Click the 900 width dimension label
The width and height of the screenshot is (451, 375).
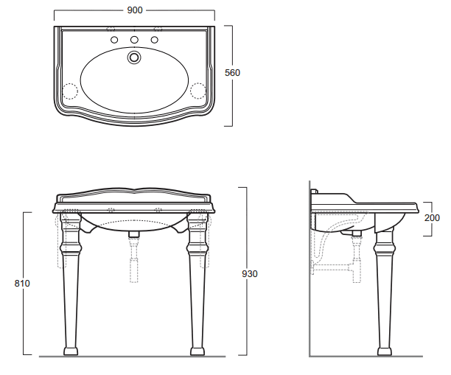pyautogui.click(x=133, y=10)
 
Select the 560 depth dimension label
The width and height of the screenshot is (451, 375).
pyautogui.click(x=233, y=73)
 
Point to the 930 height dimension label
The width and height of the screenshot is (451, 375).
pyautogui.click(x=250, y=273)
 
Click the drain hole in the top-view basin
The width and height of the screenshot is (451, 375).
pyautogui.click(x=133, y=56)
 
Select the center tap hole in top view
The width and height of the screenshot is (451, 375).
pyautogui.click(x=133, y=39)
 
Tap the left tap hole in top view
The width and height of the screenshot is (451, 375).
pyautogui.click(x=113, y=39)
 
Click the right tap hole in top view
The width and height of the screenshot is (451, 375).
pyautogui.click(x=155, y=39)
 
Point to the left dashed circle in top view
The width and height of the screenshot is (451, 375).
pyautogui.click(x=69, y=91)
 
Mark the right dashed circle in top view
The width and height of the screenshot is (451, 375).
pyautogui.click(x=198, y=91)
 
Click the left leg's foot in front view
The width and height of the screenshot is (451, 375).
pyautogui.click(x=71, y=350)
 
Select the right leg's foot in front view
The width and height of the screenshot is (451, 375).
pyautogui.click(x=197, y=350)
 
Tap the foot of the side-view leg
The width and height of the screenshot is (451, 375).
pyautogui.click(x=385, y=350)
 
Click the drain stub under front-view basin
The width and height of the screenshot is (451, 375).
pyautogui.click(x=133, y=235)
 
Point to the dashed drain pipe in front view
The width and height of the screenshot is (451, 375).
pyautogui.click(x=133, y=262)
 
